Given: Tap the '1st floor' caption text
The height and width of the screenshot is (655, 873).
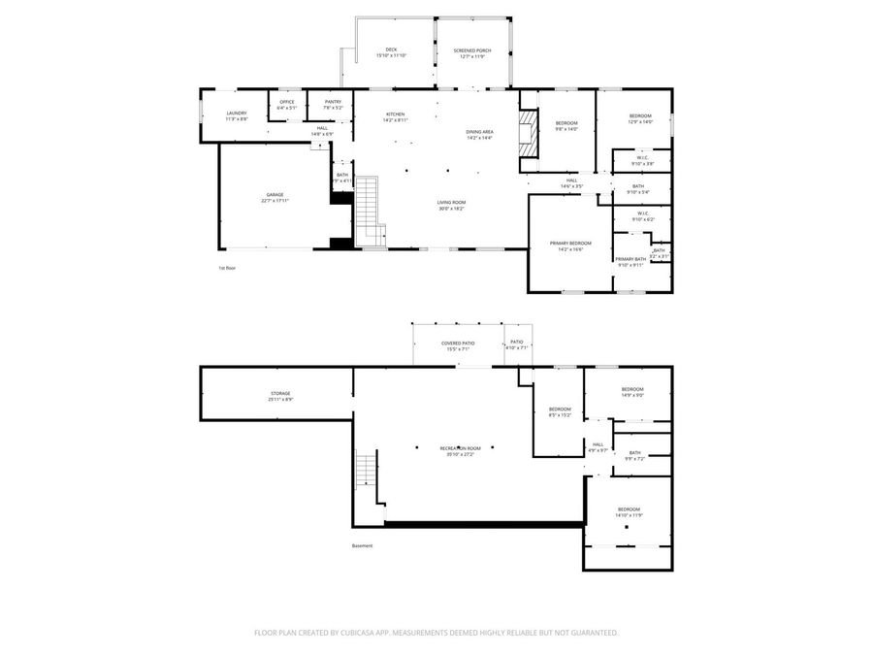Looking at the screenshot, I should pyautogui.click(x=227, y=267).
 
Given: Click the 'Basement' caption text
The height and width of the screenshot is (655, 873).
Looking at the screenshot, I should pyautogui.click(x=362, y=545).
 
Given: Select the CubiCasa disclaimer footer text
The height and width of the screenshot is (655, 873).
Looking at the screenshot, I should pyautogui.click(x=436, y=632).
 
